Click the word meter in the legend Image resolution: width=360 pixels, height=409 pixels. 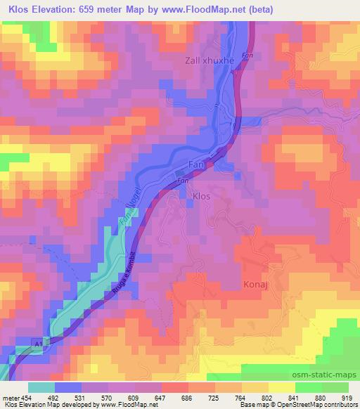[11, 398]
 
